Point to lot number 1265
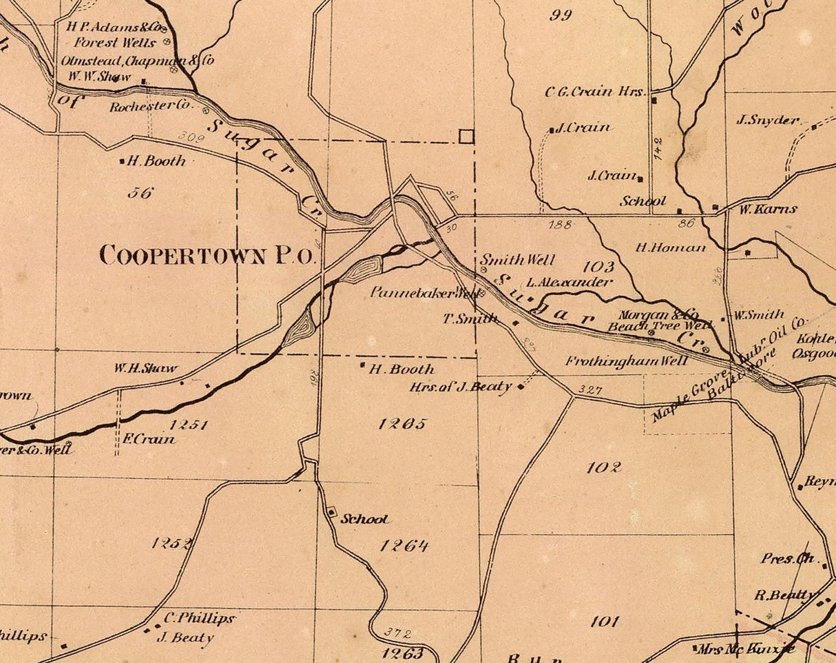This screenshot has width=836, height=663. (x=402, y=424)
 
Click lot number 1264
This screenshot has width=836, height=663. (x=404, y=546)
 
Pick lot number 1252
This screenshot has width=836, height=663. (x=172, y=543)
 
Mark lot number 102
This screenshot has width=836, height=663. (x=604, y=467)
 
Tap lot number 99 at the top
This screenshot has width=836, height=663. (x=561, y=15)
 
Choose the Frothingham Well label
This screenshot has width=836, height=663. (x=626, y=361)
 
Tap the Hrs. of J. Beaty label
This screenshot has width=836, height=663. (x=461, y=387)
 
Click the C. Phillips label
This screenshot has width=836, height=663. (x=199, y=618)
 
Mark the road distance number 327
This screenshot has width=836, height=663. (x=590, y=390)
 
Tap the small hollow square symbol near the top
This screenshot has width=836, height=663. (x=466, y=136)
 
